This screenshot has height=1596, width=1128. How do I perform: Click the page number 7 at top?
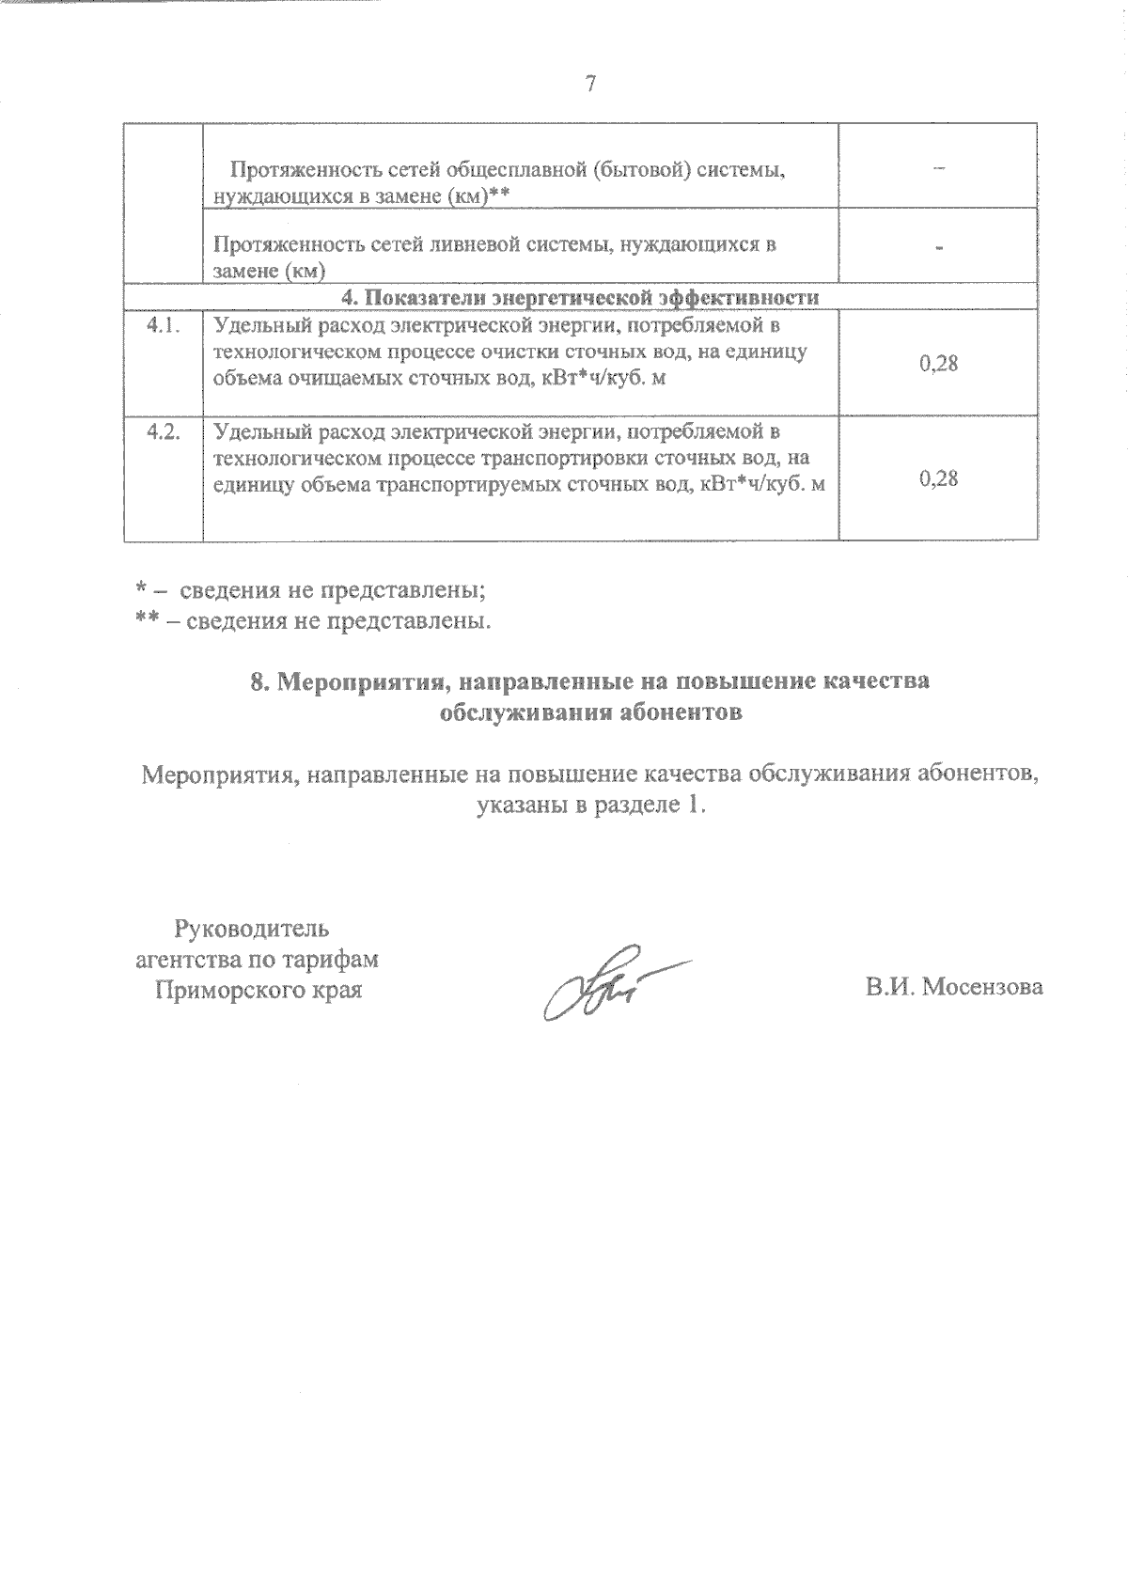[589, 84]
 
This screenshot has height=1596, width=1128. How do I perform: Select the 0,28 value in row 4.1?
[938, 363]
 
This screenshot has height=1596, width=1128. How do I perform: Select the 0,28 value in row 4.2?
[938, 478]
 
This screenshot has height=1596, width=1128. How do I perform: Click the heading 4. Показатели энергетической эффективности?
[579, 297]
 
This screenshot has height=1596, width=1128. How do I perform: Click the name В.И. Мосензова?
[954, 988]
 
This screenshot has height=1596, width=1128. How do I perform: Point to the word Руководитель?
[252, 930]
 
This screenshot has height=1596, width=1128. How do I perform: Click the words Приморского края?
[258, 990]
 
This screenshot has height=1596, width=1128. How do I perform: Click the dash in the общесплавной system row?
[938, 167]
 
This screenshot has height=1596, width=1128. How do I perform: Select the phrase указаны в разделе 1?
[590, 806]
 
